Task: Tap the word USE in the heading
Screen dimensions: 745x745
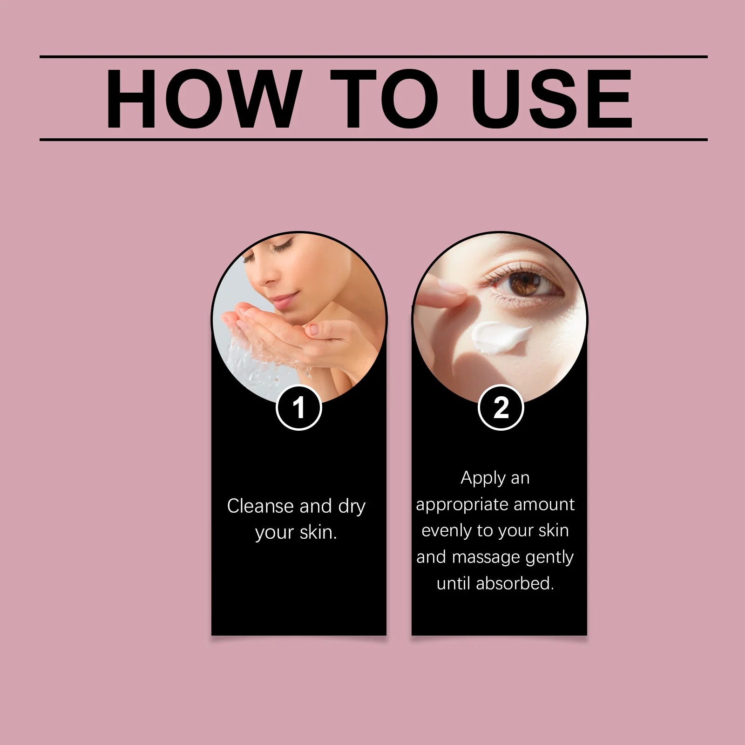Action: tap(555, 99)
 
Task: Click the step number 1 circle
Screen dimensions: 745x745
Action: tap(298, 407)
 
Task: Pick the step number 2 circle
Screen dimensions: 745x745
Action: tap(501, 407)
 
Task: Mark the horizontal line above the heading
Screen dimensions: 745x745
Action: tap(373, 57)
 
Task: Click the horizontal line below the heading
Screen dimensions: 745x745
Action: tap(373, 139)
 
